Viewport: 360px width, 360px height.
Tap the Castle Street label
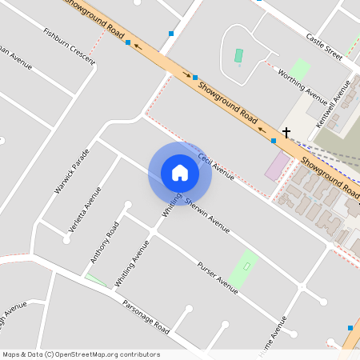[x=324, y=47]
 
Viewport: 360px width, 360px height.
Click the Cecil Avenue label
[x=216, y=166]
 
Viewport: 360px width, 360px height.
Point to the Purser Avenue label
[x=218, y=277]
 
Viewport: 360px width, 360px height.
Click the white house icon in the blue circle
[x=180, y=172]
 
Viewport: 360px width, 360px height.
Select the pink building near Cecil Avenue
[x=278, y=166]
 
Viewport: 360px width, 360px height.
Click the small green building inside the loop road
[x=238, y=57]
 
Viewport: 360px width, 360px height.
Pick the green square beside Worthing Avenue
[x=300, y=69]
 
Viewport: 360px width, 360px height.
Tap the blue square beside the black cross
[x=274, y=141]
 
